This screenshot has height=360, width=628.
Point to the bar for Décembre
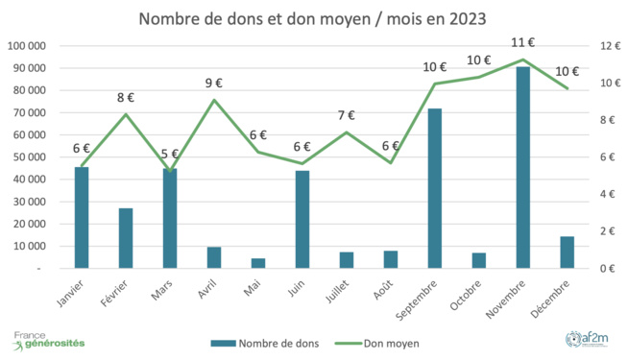(x=567, y=252)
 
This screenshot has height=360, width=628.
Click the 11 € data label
(x=523, y=42)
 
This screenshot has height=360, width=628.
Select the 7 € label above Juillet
(x=347, y=115)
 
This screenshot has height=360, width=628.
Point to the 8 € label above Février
(x=126, y=97)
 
